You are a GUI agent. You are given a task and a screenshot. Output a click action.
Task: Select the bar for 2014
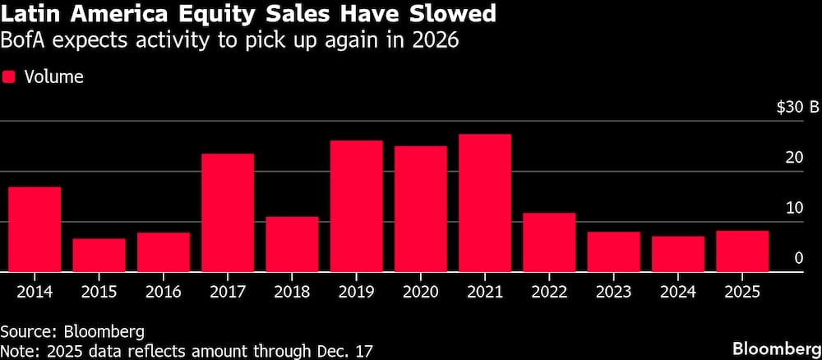point(35,229)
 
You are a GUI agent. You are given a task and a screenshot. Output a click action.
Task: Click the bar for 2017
point(228,213)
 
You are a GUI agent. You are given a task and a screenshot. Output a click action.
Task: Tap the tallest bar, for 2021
point(485,203)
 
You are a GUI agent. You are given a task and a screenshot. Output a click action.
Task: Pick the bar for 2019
point(356,206)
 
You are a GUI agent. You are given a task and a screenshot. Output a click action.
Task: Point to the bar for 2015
point(99,255)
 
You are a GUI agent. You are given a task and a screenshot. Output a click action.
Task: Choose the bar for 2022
point(549,242)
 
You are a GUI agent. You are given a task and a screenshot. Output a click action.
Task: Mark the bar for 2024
point(678,254)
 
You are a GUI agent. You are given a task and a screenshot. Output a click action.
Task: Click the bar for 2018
point(292,244)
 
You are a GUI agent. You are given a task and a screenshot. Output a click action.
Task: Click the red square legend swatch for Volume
point(10,77)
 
